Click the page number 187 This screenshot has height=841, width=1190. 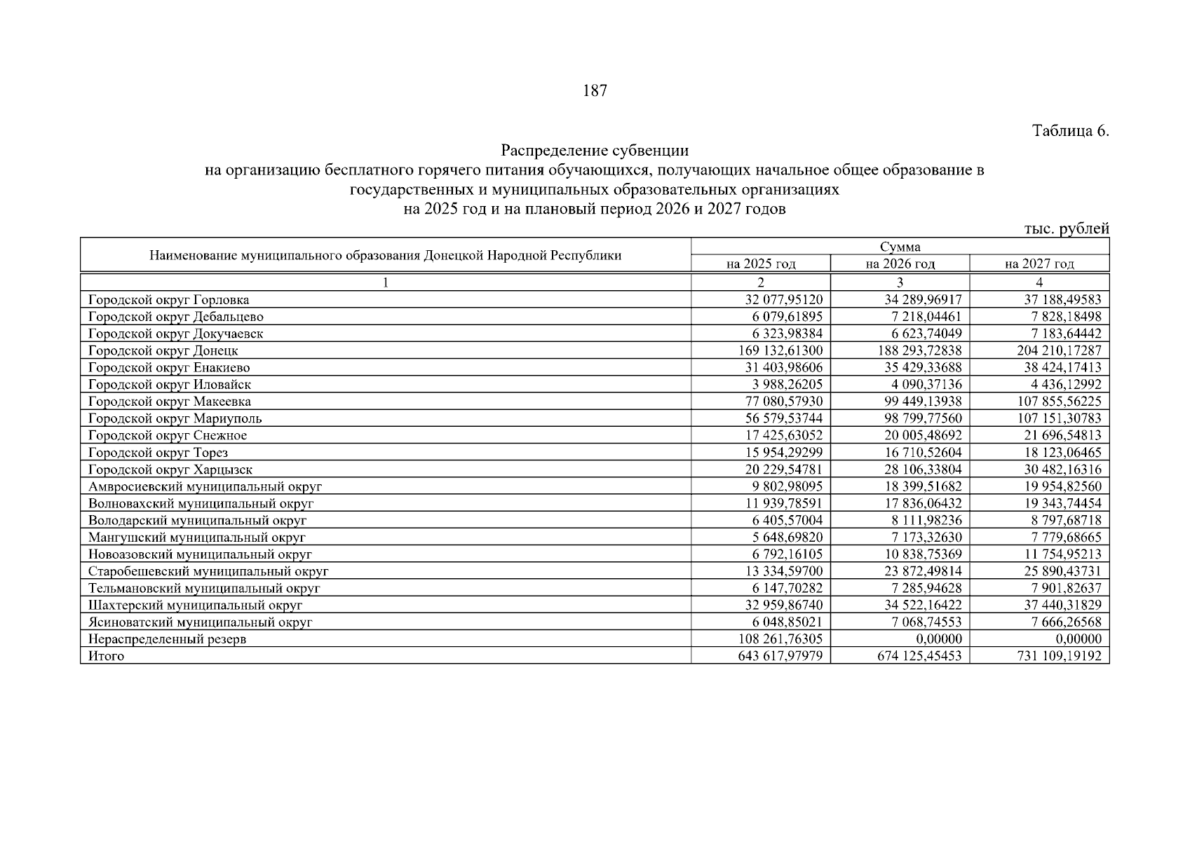coord(595,90)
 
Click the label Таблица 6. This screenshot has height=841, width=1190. coord(1070,131)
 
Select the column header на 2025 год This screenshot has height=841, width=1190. coord(761,264)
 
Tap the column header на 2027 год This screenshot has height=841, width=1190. coord(1039,264)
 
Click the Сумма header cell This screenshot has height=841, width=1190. coord(900,247)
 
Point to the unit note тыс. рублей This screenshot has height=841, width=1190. coord(1067,228)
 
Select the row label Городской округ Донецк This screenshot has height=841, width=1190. coord(163,350)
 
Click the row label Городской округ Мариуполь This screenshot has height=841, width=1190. coord(175,418)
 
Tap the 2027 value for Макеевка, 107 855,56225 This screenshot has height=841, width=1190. coord(1059,402)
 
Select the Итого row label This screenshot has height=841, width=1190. coord(106,656)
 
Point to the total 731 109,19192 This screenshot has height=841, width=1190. coord(1059,656)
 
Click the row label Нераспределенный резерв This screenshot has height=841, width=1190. coord(167,639)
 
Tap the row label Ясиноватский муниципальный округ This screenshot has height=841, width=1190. coord(201,622)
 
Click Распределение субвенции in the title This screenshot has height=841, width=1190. coord(595,150)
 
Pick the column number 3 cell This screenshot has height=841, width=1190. coord(900,282)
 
